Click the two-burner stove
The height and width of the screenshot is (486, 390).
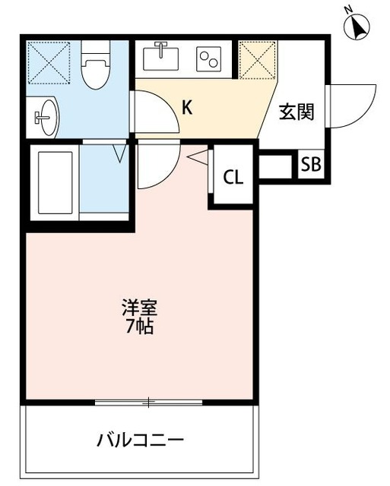point(208,58)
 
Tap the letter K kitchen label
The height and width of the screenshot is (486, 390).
point(187,107)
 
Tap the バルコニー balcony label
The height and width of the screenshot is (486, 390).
point(140,440)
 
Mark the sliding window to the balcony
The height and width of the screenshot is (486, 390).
point(148,402)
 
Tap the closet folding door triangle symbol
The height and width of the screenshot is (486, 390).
point(196,158)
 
